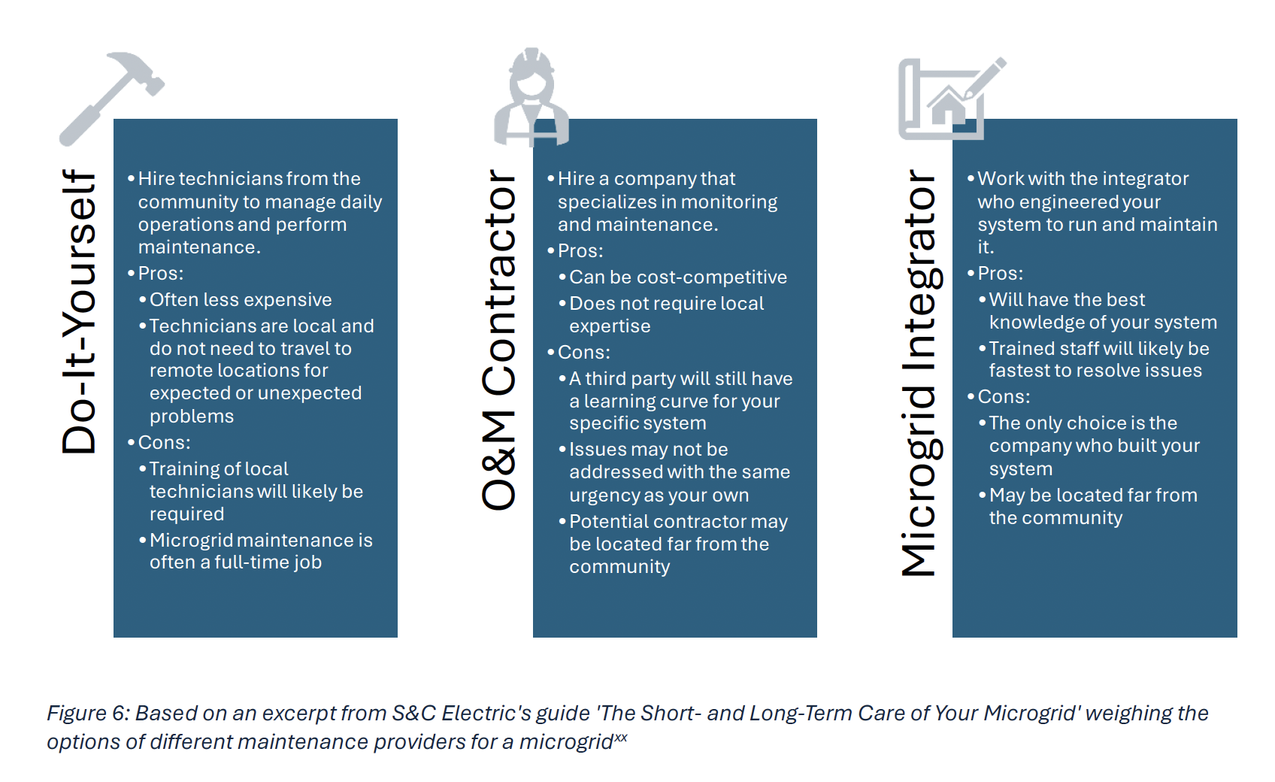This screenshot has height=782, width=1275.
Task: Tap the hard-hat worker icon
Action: tap(531, 97)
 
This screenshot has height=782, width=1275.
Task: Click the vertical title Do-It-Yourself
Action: tap(78, 311)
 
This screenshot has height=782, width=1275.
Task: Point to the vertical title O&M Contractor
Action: tap(498, 340)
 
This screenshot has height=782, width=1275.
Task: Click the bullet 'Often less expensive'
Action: tap(241, 299)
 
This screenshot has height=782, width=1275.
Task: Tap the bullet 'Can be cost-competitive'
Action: tap(678, 277)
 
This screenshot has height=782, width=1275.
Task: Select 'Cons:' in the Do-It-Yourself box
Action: tap(164, 442)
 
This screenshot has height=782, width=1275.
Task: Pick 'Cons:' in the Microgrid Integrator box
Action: tap(1004, 397)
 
